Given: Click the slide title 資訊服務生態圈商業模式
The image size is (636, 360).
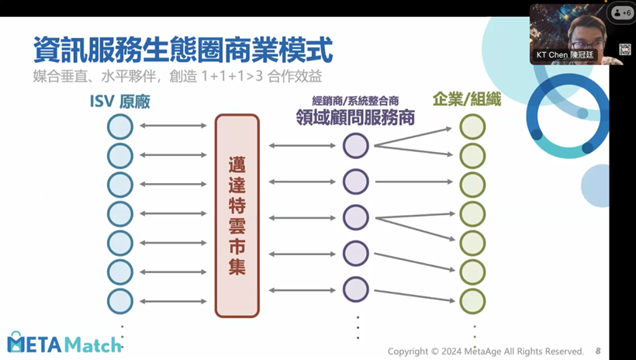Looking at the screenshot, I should click(183, 50).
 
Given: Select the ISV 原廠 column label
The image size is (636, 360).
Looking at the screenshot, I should click(120, 102).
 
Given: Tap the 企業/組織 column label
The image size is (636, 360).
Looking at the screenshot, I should click(468, 100).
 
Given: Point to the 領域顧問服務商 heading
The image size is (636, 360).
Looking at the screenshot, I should click(354, 117).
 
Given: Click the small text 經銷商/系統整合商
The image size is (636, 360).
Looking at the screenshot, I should click(354, 101).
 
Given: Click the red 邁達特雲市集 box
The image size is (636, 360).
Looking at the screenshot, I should click(237, 215).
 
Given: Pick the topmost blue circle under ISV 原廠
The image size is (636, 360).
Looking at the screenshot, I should click(120, 126).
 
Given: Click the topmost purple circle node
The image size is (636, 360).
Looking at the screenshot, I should click(356, 145).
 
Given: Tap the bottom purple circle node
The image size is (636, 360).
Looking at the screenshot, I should click(356, 289).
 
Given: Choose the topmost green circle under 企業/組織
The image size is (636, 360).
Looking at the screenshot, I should click(472, 126).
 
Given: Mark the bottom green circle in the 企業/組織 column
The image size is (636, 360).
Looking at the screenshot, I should click(472, 301).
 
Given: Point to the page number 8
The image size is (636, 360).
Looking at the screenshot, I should click(598, 351).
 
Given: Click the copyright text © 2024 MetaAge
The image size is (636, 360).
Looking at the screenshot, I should click(486, 351).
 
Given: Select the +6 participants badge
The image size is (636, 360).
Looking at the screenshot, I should click(621, 13).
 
